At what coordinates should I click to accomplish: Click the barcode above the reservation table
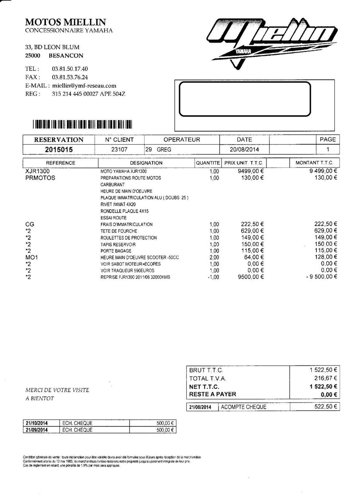(82, 124)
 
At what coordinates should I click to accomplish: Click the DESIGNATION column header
(146, 163)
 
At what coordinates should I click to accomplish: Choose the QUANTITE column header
(208, 163)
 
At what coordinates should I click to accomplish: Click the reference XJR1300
(38, 171)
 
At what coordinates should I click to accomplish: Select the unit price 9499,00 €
(251, 171)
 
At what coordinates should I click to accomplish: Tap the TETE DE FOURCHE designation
(119, 231)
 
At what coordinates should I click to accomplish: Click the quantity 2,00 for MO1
(214, 257)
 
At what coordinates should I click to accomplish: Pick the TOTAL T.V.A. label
(208, 379)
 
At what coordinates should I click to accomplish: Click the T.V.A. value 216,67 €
(325, 378)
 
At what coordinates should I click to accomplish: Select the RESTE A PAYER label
(213, 394)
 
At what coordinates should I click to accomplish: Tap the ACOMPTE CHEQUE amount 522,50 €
(325, 406)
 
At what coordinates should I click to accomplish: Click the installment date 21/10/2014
(37, 423)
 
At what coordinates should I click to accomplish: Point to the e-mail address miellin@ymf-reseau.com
(84, 86)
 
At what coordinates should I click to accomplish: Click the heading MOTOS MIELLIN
(65, 22)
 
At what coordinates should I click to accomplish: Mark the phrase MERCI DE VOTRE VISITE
(57, 390)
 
